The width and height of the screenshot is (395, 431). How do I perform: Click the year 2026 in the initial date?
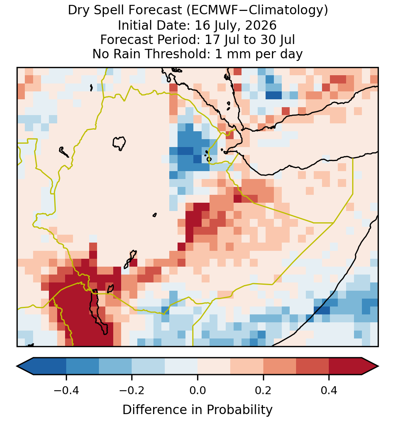point(261,25)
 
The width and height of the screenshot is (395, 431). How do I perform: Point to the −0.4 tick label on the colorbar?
point(66,390)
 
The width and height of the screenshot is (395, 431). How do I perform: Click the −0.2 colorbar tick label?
point(132,390)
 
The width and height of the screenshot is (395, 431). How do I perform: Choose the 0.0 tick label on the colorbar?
point(197,390)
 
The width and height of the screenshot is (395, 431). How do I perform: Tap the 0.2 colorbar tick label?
point(263,390)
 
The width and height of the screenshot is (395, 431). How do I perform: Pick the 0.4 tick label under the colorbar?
point(329,390)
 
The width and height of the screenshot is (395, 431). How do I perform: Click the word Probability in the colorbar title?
point(240,410)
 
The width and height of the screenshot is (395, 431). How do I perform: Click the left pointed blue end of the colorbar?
point(25,366)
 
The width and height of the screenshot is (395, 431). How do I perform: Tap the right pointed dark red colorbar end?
point(370,366)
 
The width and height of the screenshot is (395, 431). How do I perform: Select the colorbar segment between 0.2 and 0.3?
point(280,366)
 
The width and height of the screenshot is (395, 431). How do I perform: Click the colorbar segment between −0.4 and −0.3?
point(83,366)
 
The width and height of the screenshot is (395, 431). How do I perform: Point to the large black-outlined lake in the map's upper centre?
point(119,143)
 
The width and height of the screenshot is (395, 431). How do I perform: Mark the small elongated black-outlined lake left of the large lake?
point(64,152)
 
